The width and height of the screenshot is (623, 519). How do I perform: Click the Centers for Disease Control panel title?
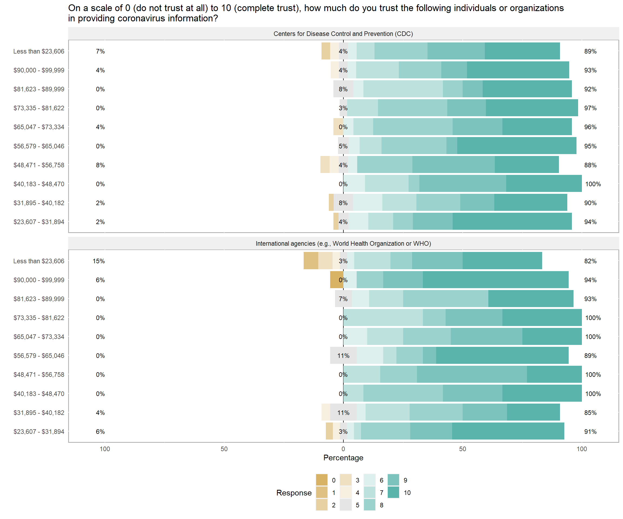pos(343,34)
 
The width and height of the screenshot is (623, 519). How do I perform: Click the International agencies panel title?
pos(343,244)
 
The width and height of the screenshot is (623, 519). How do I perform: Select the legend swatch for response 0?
pos(322,480)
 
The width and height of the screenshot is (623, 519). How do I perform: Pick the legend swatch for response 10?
pos(393,492)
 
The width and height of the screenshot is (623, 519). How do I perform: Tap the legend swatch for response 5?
pos(346,505)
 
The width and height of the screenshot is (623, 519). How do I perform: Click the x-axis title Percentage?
pos(343,458)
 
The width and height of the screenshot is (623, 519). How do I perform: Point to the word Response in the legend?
pos(294,493)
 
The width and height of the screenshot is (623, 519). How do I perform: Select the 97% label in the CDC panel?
pos(590,108)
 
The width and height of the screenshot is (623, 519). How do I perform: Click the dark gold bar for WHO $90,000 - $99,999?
pos(336,280)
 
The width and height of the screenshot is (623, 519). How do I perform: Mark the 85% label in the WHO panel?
pos(590,412)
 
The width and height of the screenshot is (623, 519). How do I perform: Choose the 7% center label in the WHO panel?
pos(343,299)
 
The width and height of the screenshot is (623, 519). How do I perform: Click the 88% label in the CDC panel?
pos(590,165)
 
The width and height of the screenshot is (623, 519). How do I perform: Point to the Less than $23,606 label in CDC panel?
pos(39,51)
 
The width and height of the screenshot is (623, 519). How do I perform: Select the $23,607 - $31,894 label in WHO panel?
pos(39,431)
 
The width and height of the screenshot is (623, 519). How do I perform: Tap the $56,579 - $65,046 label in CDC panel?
pos(39,146)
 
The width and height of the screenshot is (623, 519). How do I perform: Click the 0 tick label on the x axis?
pos(343,449)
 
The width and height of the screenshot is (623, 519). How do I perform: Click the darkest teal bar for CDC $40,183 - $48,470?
pos(544,184)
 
